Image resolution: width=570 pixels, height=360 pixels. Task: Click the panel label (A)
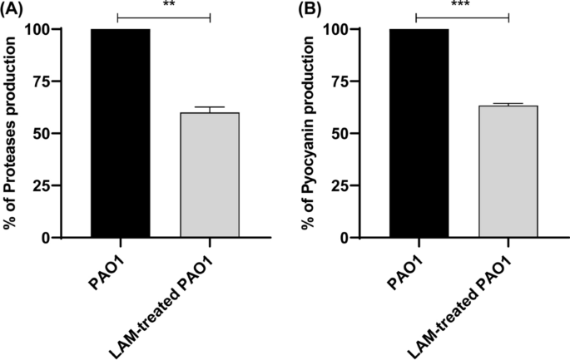[15, 11]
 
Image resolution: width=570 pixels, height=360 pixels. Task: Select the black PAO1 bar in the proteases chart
[120, 133]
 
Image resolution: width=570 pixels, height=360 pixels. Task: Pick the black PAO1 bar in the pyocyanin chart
[418, 133]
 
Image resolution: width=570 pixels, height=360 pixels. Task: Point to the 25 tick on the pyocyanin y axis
[367, 185]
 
